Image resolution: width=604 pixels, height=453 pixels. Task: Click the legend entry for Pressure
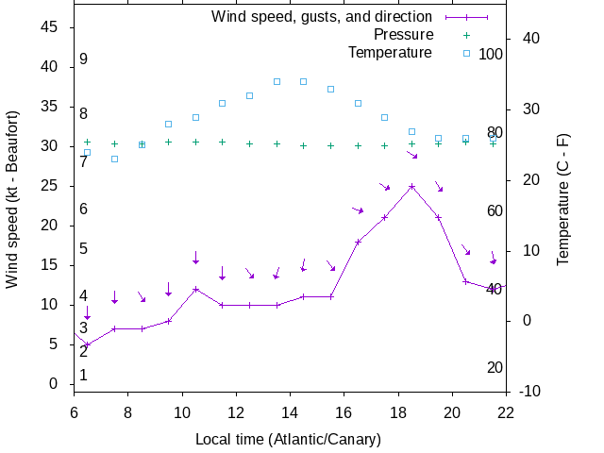[403, 35]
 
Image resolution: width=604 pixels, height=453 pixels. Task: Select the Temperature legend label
[390, 52]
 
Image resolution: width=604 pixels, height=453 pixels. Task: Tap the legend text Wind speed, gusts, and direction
[321, 17]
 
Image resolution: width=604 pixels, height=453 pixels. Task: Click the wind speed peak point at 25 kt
[411, 186]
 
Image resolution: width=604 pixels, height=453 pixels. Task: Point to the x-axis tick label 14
[290, 411]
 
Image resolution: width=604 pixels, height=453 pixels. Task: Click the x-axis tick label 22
[506, 411]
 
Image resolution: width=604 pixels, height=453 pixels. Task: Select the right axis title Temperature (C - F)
[563, 198]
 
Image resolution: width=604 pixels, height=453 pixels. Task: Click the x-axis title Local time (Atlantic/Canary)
[288, 440]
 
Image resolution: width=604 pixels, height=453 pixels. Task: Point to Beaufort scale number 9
[84, 59]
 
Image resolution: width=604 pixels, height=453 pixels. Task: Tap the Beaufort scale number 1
[84, 375]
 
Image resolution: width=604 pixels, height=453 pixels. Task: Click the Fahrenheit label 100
[491, 54]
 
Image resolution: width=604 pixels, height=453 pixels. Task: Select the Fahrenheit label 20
[495, 367]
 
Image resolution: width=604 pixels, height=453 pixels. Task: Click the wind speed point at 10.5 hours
[195, 289]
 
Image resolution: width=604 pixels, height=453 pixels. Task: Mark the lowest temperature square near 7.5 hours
[114, 159]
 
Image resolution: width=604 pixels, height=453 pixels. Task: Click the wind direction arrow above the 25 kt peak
[412, 154]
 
